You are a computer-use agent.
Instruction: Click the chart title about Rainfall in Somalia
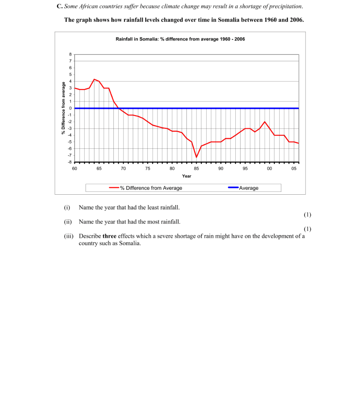pyautogui.click(x=180, y=39)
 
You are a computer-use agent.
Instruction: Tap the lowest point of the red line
pyautogui.click(x=196, y=157)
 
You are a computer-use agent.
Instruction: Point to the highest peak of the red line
pyautogui.click(x=94, y=79)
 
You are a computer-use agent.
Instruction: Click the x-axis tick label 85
pyautogui.click(x=196, y=168)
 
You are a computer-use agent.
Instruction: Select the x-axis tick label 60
pyautogui.click(x=75, y=168)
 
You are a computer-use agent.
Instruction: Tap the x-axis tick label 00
pyautogui.click(x=269, y=168)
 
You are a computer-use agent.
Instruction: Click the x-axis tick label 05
pyautogui.click(x=294, y=168)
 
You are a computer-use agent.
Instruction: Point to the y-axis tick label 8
pyautogui.click(x=71, y=54)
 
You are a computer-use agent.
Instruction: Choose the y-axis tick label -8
pyautogui.click(x=70, y=162)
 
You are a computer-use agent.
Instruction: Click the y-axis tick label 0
pyautogui.click(x=71, y=108)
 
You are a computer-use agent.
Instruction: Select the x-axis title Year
pyautogui.click(x=186, y=176)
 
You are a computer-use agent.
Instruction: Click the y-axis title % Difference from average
pyautogui.click(x=63, y=108)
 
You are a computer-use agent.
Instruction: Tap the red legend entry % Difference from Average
pyautogui.click(x=146, y=188)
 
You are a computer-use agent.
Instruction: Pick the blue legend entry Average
pyautogui.click(x=243, y=188)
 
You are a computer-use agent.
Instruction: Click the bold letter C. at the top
pyautogui.click(x=60, y=6)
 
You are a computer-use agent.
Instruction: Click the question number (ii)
pyautogui.click(x=68, y=222)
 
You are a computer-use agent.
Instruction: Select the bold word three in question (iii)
pyautogui.click(x=109, y=236)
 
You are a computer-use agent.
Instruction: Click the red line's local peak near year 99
pyautogui.click(x=264, y=122)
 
